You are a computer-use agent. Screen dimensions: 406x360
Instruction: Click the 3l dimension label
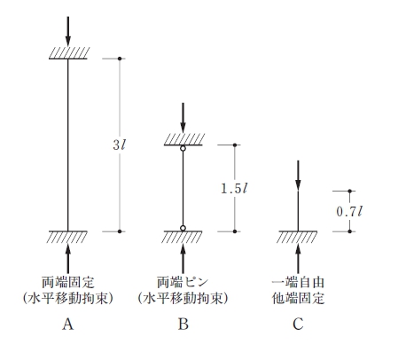click(x=120, y=145)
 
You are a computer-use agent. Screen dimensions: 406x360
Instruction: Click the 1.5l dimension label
click(x=234, y=188)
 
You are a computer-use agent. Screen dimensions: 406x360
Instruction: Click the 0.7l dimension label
click(x=349, y=211)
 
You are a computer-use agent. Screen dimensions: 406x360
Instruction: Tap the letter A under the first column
click(x=67, y=325)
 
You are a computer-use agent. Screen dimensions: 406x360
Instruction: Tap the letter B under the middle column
click(x=183, y=325)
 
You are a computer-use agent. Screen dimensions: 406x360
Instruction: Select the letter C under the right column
click(x=298, y=325)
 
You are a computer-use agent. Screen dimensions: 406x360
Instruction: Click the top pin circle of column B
click(x=183, y=148)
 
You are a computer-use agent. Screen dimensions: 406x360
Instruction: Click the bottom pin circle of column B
click(x=183, y=228)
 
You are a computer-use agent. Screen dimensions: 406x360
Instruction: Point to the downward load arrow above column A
click(x=68, y=31)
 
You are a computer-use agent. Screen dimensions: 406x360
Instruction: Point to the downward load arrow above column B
click(x=183, y=118)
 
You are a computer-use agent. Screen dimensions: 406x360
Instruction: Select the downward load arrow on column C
click(x=298, y=176)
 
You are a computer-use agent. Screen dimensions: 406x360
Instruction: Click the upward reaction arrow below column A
click(x=68, y=259)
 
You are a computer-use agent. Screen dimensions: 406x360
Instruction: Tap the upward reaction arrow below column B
click(x=183, y=259)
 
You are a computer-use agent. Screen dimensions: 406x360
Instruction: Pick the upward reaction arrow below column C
click(x=298, y=259)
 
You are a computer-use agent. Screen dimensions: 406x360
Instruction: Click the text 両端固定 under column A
click(x=68, y=283)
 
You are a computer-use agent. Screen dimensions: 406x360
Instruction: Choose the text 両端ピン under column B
click(x=183, y=283)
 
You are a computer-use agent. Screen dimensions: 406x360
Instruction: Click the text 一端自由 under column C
click(x=298, y=283)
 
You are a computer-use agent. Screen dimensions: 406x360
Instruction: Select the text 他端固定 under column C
click(x=298, y=299)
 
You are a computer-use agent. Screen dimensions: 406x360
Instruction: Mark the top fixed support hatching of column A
click(x=69, y=53)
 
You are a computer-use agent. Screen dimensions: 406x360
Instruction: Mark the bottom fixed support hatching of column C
click(x=297, y=237)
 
